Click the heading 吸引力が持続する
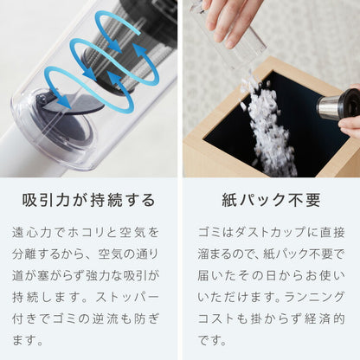pos(90,200)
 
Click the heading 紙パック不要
pos(269,200)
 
